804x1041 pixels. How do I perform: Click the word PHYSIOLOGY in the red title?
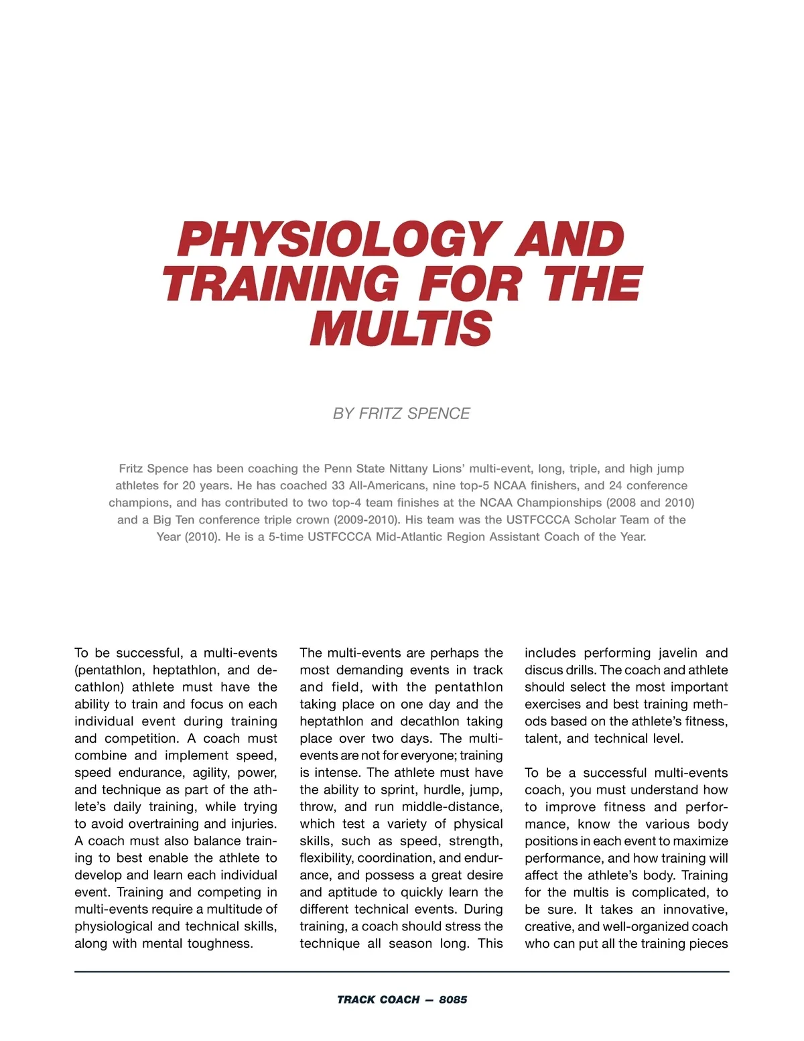[339, 240]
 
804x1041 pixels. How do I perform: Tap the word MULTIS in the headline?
[401, 328]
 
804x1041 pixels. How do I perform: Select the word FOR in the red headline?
[470, 284]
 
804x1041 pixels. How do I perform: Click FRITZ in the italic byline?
[381, 414]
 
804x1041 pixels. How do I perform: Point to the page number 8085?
[453, 999]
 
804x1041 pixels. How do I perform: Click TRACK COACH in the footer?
[378, 999]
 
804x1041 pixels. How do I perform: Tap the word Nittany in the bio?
[411, 469]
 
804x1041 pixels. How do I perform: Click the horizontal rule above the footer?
[402, 971]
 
